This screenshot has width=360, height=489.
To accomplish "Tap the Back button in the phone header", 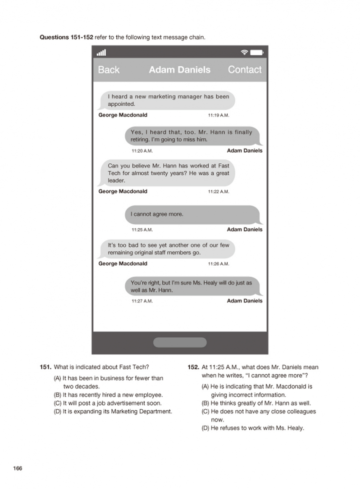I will (x=109, y=70).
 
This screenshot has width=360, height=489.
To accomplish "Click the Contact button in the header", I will (x=244, y=70).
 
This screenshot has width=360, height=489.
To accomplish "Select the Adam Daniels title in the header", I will (x=179, y=70).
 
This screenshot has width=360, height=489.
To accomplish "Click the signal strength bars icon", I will (x=101, y=53).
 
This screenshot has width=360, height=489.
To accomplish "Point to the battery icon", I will (x=256, y=53).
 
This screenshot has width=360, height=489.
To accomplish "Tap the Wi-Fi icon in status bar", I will (x=244, y=53).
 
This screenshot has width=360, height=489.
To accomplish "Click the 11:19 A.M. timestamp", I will (x=219, y=115).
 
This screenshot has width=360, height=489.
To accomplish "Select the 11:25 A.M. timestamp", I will (x=142, y=230).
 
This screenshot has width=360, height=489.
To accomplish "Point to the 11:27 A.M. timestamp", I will (x=142, y=301).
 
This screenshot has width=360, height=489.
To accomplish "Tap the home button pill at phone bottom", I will (x=180, y=342).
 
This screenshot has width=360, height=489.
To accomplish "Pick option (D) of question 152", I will (x=252, y=428).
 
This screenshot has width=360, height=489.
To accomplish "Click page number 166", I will (x=18, y=468).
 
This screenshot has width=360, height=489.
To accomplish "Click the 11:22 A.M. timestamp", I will (x=219, y=191).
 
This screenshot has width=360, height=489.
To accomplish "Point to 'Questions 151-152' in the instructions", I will (x=67, y=37).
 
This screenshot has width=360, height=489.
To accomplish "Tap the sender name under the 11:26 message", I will (x=123, y=263).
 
